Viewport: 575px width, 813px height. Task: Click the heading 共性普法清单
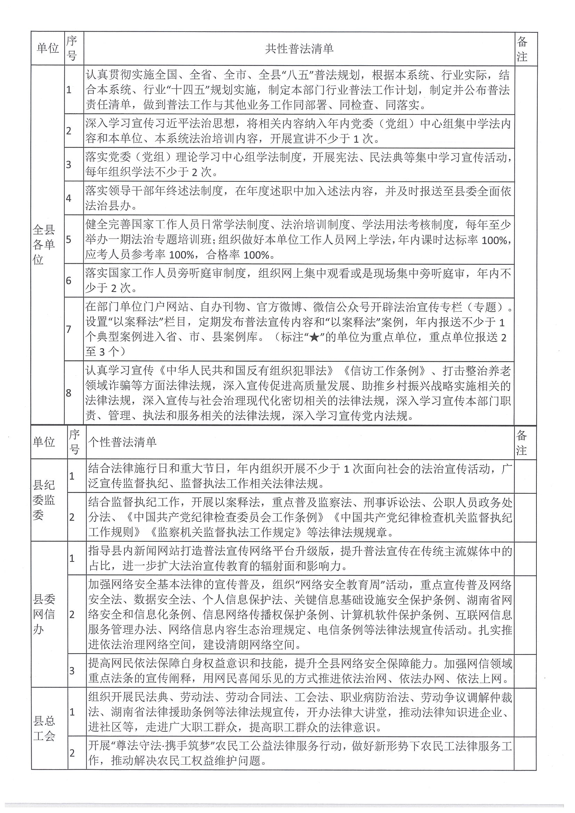[x=299, y=49]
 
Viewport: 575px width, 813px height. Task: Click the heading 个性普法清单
[x=122, y=442]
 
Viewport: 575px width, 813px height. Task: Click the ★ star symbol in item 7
[x=314, y=338]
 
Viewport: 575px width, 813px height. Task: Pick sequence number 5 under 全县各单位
[x=68, y=240]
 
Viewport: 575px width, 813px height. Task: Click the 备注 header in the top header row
[x=522, y=49]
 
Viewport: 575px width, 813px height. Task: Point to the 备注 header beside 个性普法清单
[x=521, y=442]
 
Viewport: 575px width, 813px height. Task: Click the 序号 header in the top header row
[x=72, y=49]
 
